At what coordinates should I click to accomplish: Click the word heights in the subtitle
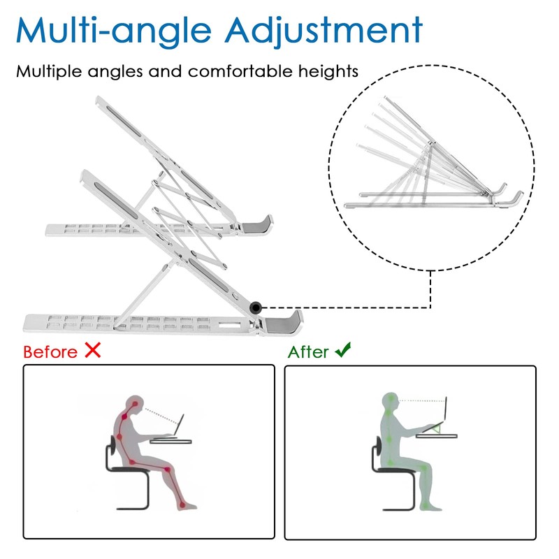point(330,71)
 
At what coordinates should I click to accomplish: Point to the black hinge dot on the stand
point(256,306)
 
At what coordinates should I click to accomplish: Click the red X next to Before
point(92,350)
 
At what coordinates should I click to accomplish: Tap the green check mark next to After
point(342,350)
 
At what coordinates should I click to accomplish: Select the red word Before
point(50,351)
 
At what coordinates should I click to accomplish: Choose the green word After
point(308,351)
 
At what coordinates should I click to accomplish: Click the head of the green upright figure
point(390,402)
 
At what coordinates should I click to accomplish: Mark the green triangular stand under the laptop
point(437,428)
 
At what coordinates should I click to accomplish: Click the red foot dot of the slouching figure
point(181,504)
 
